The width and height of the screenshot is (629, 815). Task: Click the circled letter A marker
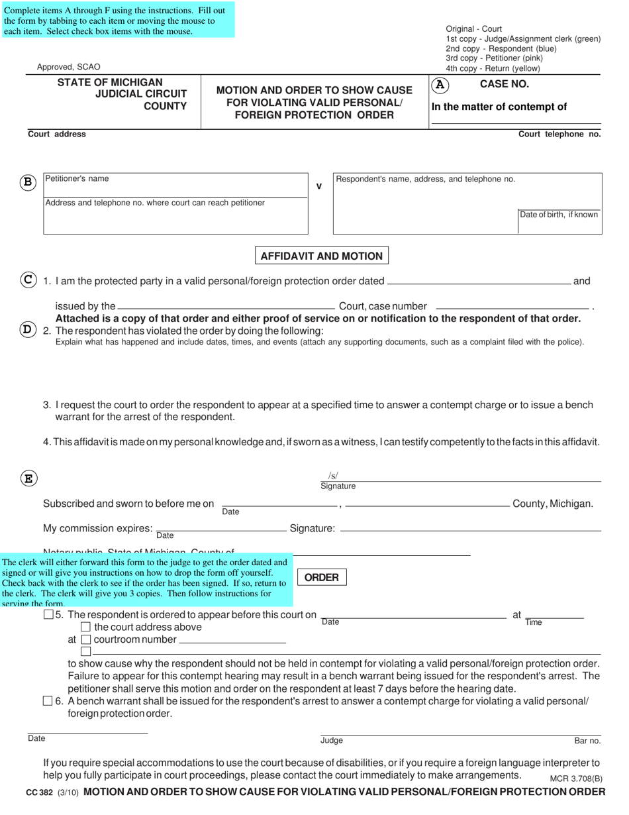(x=440, y=85)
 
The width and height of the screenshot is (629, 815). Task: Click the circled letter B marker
(x=27, y=183)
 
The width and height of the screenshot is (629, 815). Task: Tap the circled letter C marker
(x=28, y=280)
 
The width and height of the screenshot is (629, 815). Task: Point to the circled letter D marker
(x=28, y=329)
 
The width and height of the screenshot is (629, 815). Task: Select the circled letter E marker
(x=28, y=478)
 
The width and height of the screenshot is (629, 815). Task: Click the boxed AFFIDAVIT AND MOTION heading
(x=322, y=256)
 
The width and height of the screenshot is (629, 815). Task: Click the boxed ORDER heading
(x=321, y=577)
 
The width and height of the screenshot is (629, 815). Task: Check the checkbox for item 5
(x=48, y=615)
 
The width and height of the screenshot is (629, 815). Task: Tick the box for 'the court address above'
(x=85, y=627)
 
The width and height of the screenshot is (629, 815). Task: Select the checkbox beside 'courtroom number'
(x=85, y=639)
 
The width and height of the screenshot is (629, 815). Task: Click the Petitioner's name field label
(x=77, y=179)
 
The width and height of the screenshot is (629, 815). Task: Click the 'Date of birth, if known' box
(x=559, y=215)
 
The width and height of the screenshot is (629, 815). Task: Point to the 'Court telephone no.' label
(x=559, y=134)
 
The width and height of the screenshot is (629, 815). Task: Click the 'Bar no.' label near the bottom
(x=587, y=741)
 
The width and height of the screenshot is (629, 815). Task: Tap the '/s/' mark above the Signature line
(x=333, y=475)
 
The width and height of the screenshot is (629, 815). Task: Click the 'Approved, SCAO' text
(x=69, y=67)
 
